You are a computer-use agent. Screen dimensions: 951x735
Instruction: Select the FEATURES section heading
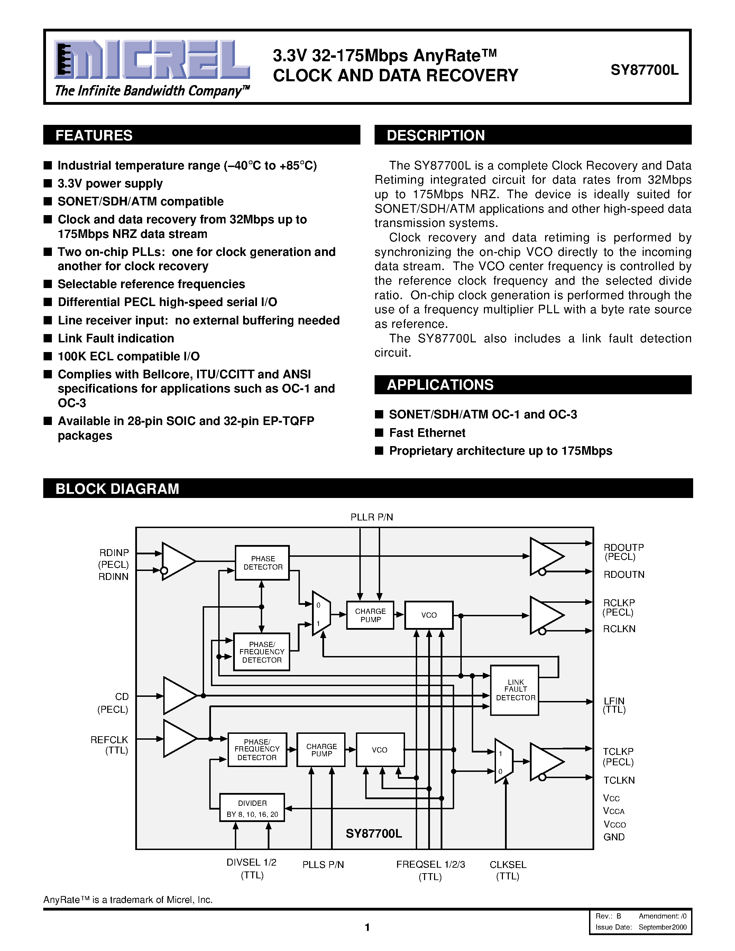pyautogui.click(x=94, y=136)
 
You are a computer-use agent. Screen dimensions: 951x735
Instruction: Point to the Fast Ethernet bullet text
pyautogui.click(x=427, y=433)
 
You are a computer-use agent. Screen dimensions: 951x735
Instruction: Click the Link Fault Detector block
pyautogui.click(x=515, y=690)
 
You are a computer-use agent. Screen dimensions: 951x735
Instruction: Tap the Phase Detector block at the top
pyautogui.click(x=262, y=563)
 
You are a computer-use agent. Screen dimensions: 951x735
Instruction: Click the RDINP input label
pyautogui.click(x=114, y=553)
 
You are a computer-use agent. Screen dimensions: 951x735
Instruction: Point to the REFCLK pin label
pyautogui.click(x=109, y=740)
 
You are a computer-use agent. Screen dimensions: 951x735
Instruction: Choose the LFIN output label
pyautogui.click(x=614, y=701)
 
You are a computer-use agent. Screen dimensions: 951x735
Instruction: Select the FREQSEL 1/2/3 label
pyautogui.click(x=430, y=864)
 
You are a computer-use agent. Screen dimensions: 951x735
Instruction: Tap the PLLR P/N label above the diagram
pyautogui.click(x=371, y=517)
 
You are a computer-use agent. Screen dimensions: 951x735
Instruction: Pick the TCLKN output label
pyautogui.click(x=619, y=780)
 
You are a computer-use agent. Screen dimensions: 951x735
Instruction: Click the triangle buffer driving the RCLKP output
pyautogui.click(x=544, y=615)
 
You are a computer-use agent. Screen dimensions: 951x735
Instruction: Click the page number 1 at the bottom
pyautogui.click(x=367, y=927)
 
